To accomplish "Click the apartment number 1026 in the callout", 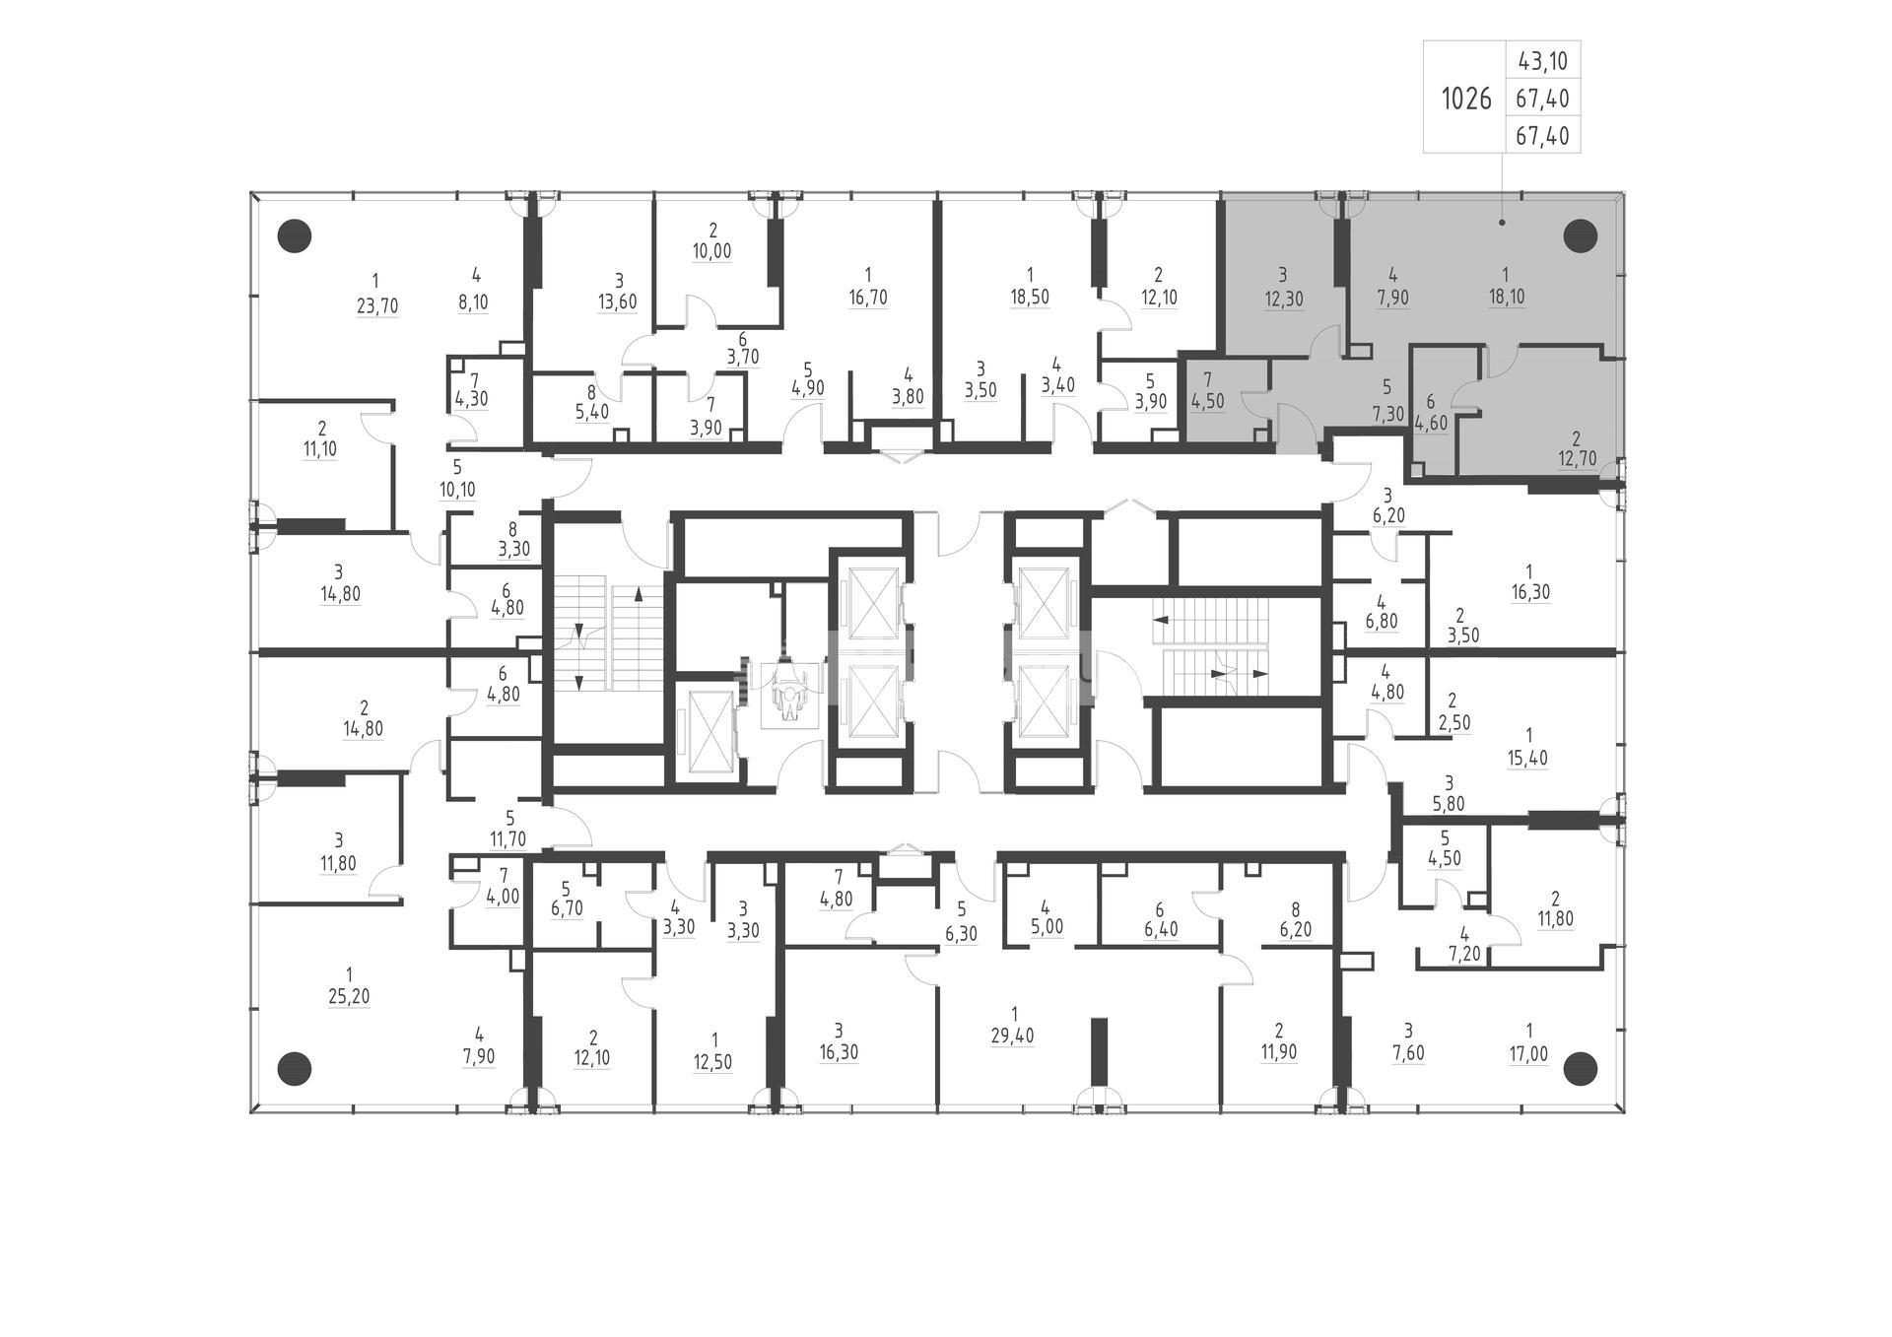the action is coord(1466,99).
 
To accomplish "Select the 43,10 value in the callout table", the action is coord(1543,61).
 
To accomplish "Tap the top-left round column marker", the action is coord(295,235).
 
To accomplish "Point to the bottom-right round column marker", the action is coord(1580,1067).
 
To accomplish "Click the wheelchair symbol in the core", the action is coord(788,696).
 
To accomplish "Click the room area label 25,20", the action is coord(349,996).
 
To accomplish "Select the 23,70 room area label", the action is coord(376,306).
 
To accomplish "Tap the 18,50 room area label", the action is coord(1029,298).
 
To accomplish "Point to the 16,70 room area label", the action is coord(867,298).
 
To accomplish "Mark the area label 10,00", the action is coord(711,251).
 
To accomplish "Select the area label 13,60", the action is coord(618,302).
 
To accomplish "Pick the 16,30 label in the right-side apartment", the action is coord(1530,593).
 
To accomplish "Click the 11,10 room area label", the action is coord(321,449).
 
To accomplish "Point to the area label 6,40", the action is coord(1161,929).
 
